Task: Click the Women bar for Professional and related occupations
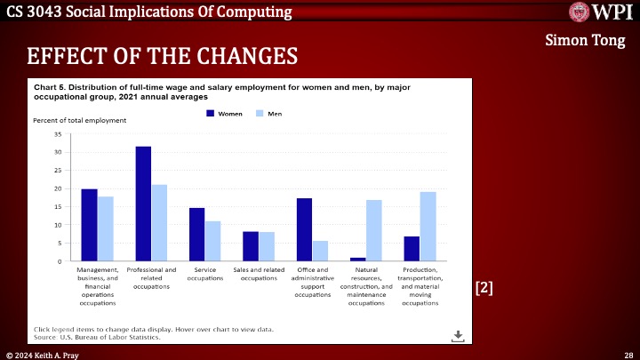143,204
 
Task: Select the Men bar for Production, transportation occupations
428,227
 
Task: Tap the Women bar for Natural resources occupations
357,259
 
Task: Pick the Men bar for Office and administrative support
320,251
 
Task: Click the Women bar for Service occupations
197,235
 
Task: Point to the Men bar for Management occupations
106,228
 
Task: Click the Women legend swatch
211,114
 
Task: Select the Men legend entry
268,114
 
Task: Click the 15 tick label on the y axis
57,206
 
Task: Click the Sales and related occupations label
259,274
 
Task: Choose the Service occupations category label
205,274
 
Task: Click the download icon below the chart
458,335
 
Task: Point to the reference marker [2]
484,287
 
